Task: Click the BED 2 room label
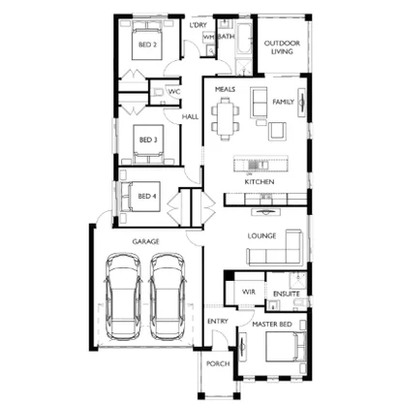pyautogui.click(x=146, y=46)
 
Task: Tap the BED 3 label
pyautogui.click(x=147, y=140)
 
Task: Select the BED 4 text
pyautogui.click(x=146, y=197)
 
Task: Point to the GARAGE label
pyautogui.click(x=146, y=241)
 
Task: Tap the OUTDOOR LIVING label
pyautogui.click(x=283, y=47)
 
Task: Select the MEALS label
pyautogui.click(x=226, y=88)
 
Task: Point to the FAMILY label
pyautogui.click(x=283, y=102)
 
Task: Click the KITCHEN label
pyautogui.click(x=259, y=182)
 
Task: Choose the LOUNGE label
pyautogui.click(x=262, y=235)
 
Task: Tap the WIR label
pyautogui.click(x=248, y=291)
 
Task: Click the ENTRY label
pyautogui.click(x=217, y=322)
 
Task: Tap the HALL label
pyautogui.click(x=191, y=116)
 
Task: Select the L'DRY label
pyautogui.click(x=199, y=25)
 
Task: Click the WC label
pyautogui.click(x=174, y=92)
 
